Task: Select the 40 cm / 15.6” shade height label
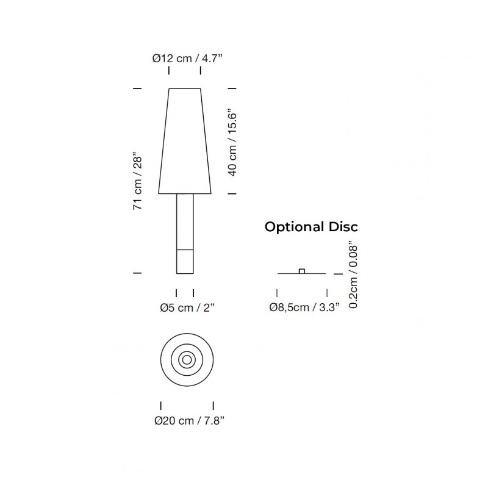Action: tap(232, 142)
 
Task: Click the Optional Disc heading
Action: tap(310, 227)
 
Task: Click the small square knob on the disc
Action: tap(301, 271)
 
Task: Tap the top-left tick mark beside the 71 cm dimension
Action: tap(138, 89)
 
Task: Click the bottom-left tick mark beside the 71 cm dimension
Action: tap(138, 273)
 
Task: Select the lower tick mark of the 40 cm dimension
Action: tap(232, 193)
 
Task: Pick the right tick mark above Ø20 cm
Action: tap(213, 405)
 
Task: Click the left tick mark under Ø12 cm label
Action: tap(169, 72)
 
